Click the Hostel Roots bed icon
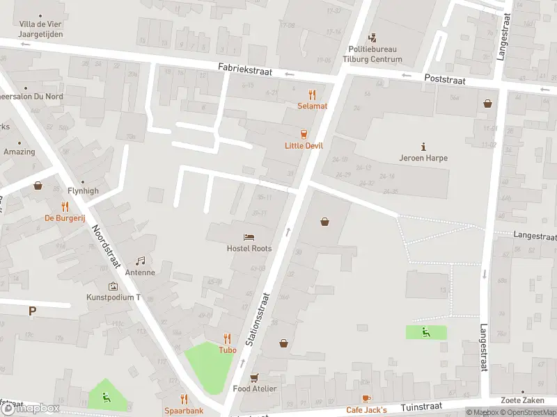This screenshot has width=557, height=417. click(x=249, y=238)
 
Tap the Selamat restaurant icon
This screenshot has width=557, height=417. click(x=313, y=95)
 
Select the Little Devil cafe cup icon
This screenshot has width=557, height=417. click(x=304, y=134)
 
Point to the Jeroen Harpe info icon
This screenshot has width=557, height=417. click(x=423, y=147)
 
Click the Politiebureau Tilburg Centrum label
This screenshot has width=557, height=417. click(x=375, y=54)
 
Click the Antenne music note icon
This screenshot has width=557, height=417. click(x=140, y=261)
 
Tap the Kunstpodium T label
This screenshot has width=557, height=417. click(x=113, y=297)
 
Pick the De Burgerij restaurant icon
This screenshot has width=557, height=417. click(x=65, y=206)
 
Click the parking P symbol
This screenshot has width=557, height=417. click(x=32, y=311)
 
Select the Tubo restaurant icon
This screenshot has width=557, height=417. click(x=228, y=339)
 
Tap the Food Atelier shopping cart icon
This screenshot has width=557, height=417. click(x=254, y=377)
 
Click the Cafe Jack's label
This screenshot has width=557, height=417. click(x=366, y=410)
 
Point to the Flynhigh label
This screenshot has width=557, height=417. click(x=83, y=190)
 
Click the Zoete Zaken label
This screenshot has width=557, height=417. click(x=522, y=400)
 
